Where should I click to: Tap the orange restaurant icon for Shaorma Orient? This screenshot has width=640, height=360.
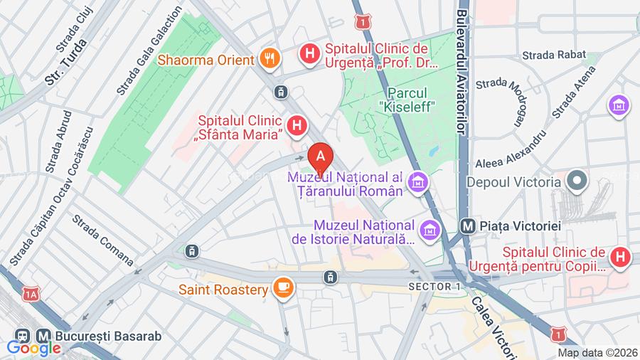(x=269, y=58)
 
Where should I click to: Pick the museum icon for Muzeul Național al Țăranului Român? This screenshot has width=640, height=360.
(x=420, y=183)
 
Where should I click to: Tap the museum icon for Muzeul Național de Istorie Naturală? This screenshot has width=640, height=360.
(x=430, y=230)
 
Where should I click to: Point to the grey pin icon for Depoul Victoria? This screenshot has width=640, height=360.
(x=577, y=181)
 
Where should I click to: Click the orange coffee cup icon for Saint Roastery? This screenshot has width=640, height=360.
(x=284, y=289)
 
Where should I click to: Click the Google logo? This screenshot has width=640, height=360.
(x=33, y=348)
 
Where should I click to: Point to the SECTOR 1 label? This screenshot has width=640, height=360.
(x=434, y=286)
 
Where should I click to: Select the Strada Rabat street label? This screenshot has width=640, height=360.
(x=554, y=55)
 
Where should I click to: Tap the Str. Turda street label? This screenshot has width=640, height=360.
(x=66, y=62)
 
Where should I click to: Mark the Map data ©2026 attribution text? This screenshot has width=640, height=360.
(x=597, y=352)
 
